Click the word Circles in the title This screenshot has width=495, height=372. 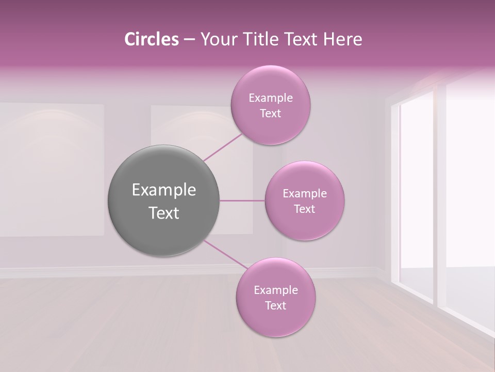151,39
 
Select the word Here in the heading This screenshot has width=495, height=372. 343,39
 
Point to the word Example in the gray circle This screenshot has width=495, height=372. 164,190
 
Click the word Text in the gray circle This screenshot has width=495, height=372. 164,213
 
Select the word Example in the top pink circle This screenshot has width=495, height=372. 270,98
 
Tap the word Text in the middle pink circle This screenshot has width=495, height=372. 305,209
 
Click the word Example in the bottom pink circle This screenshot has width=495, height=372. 275,290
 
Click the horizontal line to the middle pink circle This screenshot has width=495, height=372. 242,200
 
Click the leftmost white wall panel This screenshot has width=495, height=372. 52,171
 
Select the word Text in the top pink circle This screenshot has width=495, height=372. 270,114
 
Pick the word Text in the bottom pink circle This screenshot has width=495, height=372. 275,306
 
